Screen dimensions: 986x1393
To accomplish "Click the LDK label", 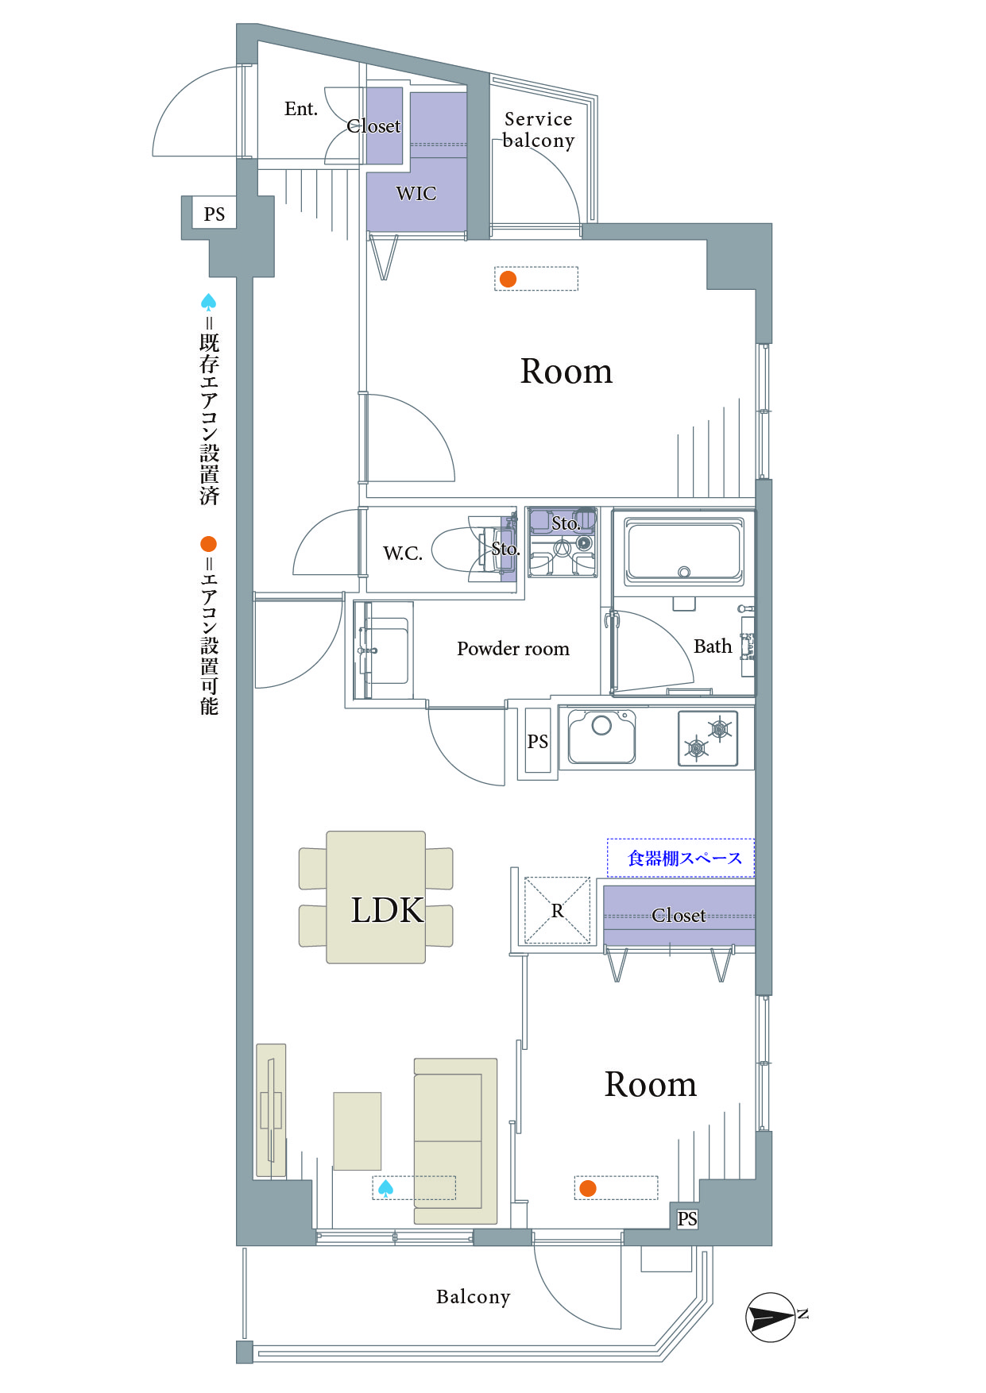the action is point(388,910).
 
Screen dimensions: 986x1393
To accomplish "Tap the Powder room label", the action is point(513,649).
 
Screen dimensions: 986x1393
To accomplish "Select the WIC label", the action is point(416,193).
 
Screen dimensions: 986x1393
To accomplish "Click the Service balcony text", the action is point(539,129).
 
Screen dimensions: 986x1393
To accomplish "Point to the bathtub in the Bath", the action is point(684,550).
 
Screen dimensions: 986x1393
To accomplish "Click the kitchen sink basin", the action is point(601,736).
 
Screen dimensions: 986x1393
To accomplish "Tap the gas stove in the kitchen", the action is point(708,739).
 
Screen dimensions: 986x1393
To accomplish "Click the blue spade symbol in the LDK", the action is point(385,1188).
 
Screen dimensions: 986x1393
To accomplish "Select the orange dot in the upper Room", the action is point(508,279).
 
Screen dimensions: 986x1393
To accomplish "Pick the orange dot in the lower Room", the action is point(588,1188).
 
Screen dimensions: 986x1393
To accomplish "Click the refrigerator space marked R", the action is point(558,910).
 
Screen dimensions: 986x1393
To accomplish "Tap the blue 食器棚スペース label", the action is point(685,859).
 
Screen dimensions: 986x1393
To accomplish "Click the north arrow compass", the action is point(771,1318).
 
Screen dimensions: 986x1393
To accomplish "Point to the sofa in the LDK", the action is point(455,1140).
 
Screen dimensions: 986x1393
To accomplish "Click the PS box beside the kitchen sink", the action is point(538,741).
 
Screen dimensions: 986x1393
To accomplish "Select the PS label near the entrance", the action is point(215,214).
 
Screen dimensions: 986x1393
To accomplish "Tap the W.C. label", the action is point(403,554).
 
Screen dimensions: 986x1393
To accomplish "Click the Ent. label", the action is point(301,109).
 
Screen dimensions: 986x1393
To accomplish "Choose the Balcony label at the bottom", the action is point(474,1297).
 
